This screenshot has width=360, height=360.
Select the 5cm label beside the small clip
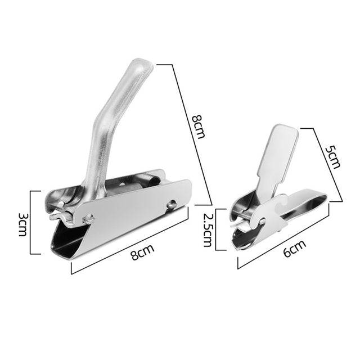(332, 157)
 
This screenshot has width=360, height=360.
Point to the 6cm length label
(294, 248)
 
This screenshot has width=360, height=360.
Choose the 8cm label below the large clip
(142, 253)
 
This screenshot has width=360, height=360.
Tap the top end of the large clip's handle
(141, 66)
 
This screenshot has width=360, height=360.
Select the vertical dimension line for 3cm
(39, 222)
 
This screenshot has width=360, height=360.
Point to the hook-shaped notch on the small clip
(278, 205)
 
